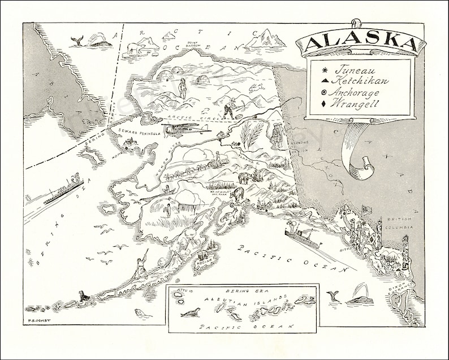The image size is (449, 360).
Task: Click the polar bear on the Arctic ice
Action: coord(136,48)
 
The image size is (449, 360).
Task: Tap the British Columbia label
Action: coord(400,222)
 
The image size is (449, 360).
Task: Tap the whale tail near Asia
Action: coord(76,40)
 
